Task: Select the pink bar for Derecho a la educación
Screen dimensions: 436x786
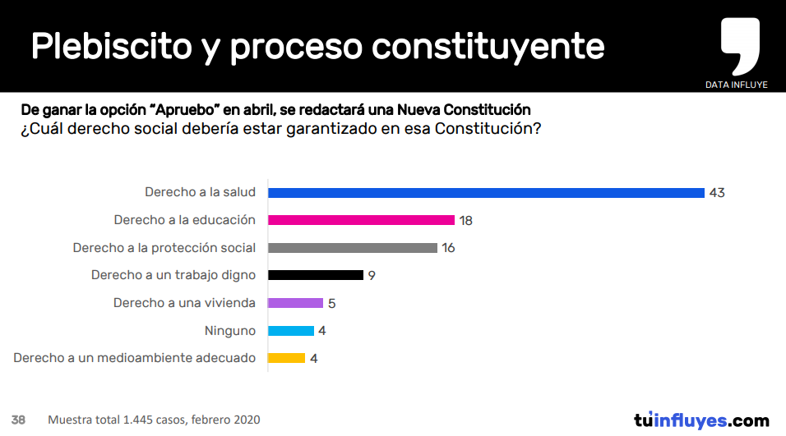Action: coord(362,220)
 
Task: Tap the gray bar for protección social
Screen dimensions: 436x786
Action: coord(353,248)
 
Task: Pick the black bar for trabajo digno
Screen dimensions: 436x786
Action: coord(316,275)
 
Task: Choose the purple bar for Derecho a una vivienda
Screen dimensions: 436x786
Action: coord(296,303)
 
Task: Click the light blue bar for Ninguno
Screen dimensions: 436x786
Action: coord(291,331)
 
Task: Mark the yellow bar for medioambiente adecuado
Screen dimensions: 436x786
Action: coord(287,358)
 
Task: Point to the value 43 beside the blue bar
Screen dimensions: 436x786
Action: coord(717,193)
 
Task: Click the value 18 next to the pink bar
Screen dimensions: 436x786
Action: coord(466,220)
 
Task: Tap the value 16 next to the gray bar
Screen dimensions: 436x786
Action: coord(448,248)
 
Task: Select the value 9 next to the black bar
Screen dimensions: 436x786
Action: coord(372,275)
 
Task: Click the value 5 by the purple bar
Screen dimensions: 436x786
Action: coord(331,303)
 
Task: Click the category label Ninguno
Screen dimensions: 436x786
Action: coord(230,331)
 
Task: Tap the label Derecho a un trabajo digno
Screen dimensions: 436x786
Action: coord(173,275)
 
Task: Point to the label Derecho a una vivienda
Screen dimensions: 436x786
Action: coord(184,303)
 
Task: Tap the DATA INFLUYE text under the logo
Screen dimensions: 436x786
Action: coord(737,85)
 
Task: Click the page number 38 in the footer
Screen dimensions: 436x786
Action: coord(18,420)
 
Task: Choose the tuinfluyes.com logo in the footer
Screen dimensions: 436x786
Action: coord(701,420)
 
